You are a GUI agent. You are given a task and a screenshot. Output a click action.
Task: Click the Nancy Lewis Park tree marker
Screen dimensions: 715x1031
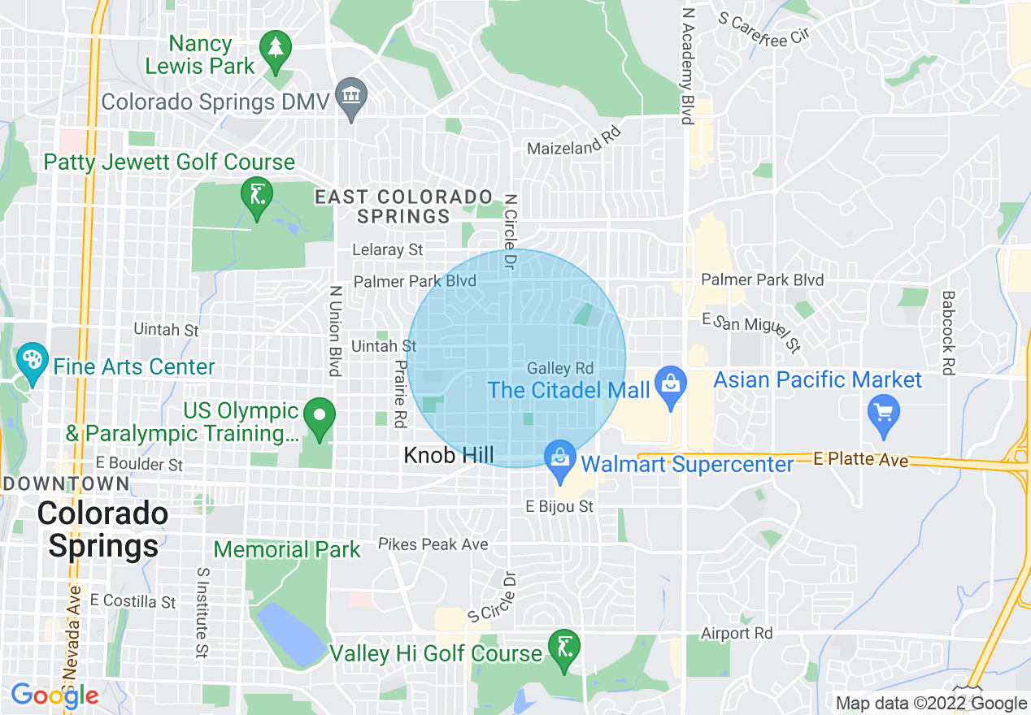pos(277,47)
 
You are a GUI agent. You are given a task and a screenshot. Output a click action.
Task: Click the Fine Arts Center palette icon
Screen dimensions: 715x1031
pos(33,362)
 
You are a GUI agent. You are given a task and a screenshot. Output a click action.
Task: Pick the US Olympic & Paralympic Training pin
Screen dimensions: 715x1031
pos(320,415)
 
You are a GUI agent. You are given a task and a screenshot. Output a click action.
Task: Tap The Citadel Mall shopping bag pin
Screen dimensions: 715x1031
pos(671,385)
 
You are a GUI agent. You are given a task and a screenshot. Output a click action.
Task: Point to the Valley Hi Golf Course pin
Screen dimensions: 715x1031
pos(563,648)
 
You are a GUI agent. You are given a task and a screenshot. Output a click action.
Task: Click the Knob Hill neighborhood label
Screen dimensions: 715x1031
pos(449,455)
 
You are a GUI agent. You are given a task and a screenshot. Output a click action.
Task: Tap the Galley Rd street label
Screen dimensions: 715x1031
pos(560,369)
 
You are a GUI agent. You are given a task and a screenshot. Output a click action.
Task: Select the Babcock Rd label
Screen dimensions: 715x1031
pos(946,333)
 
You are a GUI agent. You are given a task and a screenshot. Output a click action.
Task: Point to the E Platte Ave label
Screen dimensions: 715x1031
pos(860,460)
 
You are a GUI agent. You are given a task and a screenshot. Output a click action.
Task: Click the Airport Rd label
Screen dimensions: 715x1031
pos(737,633)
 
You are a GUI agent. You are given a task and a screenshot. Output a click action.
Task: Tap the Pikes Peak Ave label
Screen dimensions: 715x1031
pos(433,544)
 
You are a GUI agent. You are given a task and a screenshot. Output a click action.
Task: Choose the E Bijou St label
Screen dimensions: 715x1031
pos(559,507)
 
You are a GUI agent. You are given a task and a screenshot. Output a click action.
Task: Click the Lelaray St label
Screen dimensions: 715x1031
pos(387,250)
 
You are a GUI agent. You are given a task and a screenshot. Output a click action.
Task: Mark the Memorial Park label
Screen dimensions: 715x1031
pos(287,550)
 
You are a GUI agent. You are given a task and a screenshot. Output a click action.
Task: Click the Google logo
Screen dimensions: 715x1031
pos(54,695)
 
